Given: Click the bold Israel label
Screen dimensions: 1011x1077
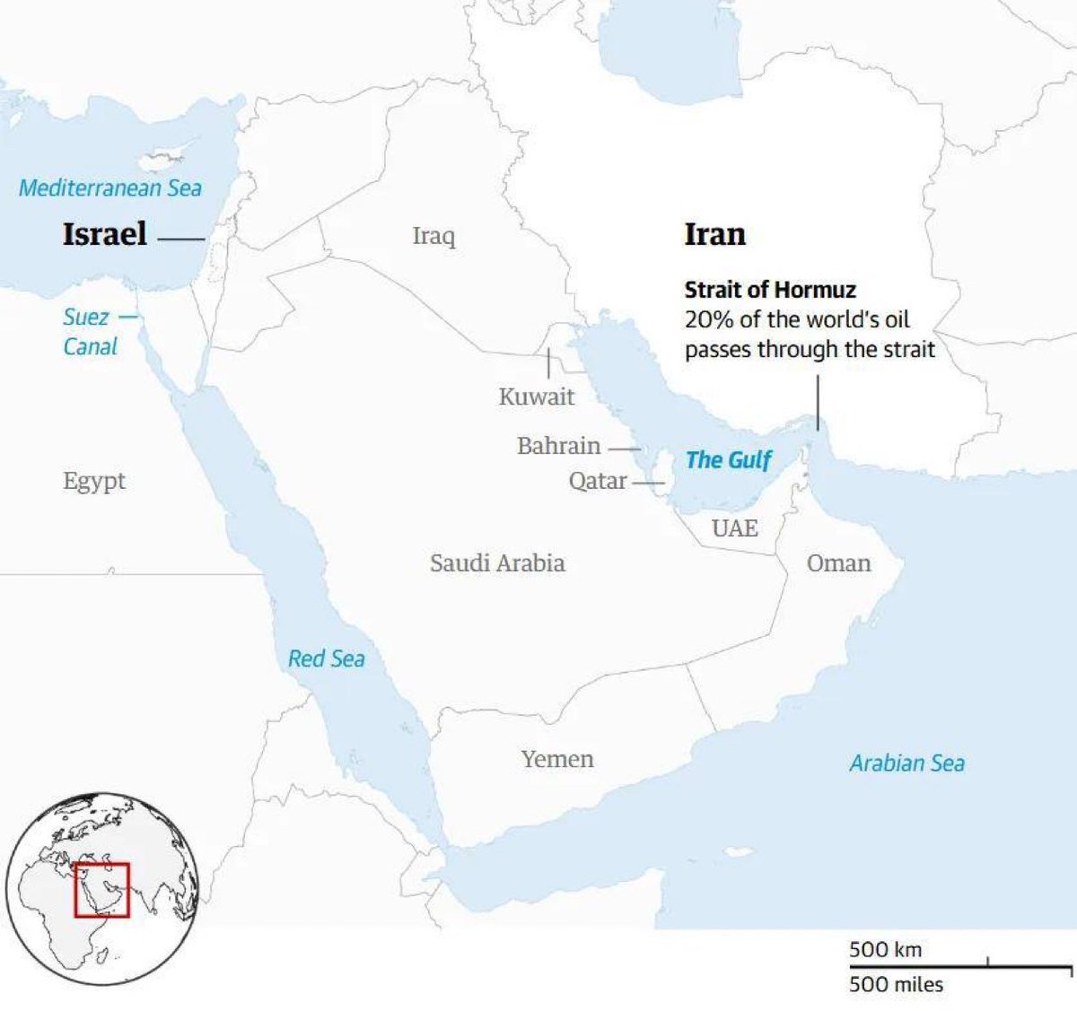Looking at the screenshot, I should coord(104,234).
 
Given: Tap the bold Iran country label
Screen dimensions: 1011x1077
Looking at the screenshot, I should coord(714,234).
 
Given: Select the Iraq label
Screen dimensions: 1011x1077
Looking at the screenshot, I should coord(433,236).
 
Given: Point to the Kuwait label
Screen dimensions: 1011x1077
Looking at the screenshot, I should coord(536,397).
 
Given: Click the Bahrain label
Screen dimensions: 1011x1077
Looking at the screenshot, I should coord(558,446).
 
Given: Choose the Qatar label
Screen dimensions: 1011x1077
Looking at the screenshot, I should coord(597,482).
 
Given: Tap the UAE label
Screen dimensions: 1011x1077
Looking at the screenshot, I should coord(734,528).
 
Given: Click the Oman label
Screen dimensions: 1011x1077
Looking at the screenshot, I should coord(838,563).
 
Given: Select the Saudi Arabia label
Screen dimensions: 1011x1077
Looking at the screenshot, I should coord(497,563).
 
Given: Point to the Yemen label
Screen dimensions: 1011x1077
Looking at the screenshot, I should coord(557,759).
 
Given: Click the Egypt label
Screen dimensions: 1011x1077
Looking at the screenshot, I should coord(94,482).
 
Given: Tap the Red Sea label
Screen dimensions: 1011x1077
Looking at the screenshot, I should coord(326,659).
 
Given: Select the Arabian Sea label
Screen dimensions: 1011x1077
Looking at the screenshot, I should coord(906,763).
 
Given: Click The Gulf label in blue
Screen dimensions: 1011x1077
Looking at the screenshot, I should coord(728,460).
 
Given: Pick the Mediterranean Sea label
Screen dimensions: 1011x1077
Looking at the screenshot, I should coord(110,188).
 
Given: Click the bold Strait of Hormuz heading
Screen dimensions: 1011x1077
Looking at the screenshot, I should coord(770,290).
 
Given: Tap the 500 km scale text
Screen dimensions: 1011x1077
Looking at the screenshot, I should coord(885,949).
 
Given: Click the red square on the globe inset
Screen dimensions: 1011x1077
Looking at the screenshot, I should coord(102,890).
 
